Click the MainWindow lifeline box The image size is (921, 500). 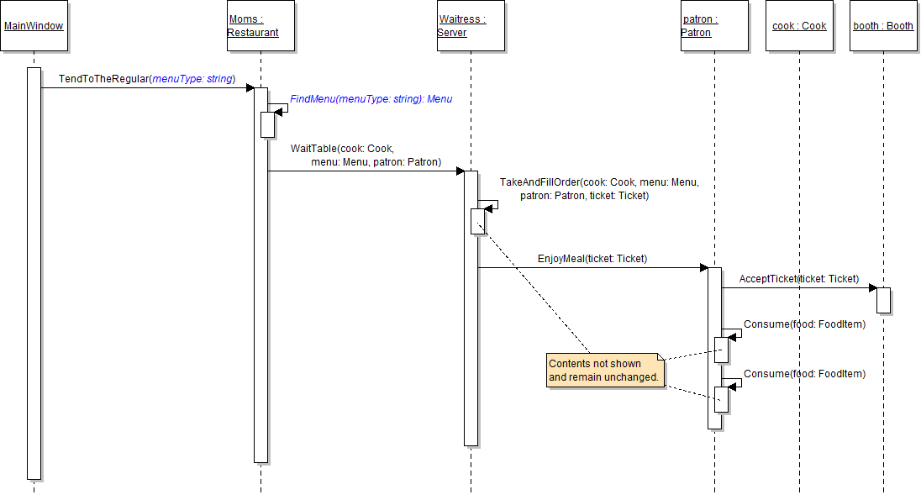[34, 26]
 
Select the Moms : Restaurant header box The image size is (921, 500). [261, 26]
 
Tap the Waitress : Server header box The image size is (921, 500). [471, 26]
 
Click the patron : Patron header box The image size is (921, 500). [714, 26]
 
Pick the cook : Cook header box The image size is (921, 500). [799, 26]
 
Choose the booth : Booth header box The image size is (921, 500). [883, 26]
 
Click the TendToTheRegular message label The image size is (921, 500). [146, 79]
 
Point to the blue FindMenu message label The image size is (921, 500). [371, 99]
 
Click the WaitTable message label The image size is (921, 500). [366, 155]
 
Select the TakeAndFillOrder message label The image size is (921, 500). [598, 189]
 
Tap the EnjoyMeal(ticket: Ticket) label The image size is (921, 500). [592, 259]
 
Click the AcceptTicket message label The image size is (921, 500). [798, 278]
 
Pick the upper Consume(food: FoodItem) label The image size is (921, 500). [804, 324]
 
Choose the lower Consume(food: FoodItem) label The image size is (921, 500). [804, 374]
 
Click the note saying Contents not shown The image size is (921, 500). [605, 371]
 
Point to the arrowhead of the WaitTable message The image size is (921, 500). [460, 171]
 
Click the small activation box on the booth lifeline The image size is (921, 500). [883, 300]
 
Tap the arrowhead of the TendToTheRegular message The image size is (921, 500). [250, 87]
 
